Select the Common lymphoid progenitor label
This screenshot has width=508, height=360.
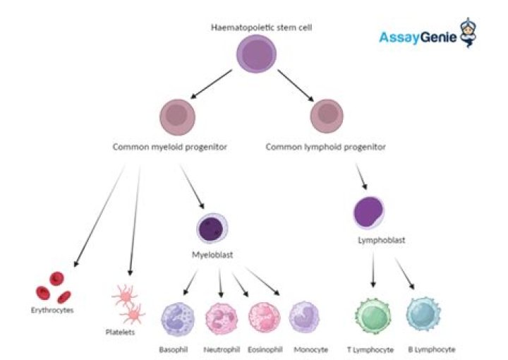point(325,148)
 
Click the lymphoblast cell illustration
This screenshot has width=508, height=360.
point(370,213)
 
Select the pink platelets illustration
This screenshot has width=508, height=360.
point(129,302)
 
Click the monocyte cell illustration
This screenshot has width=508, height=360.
point(306,318)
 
